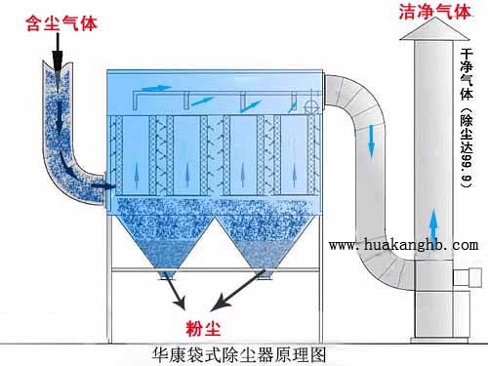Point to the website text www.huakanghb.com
[x=403, y=245]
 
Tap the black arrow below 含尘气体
[x=57, y=49]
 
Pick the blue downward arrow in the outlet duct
[x=372, y=146]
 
